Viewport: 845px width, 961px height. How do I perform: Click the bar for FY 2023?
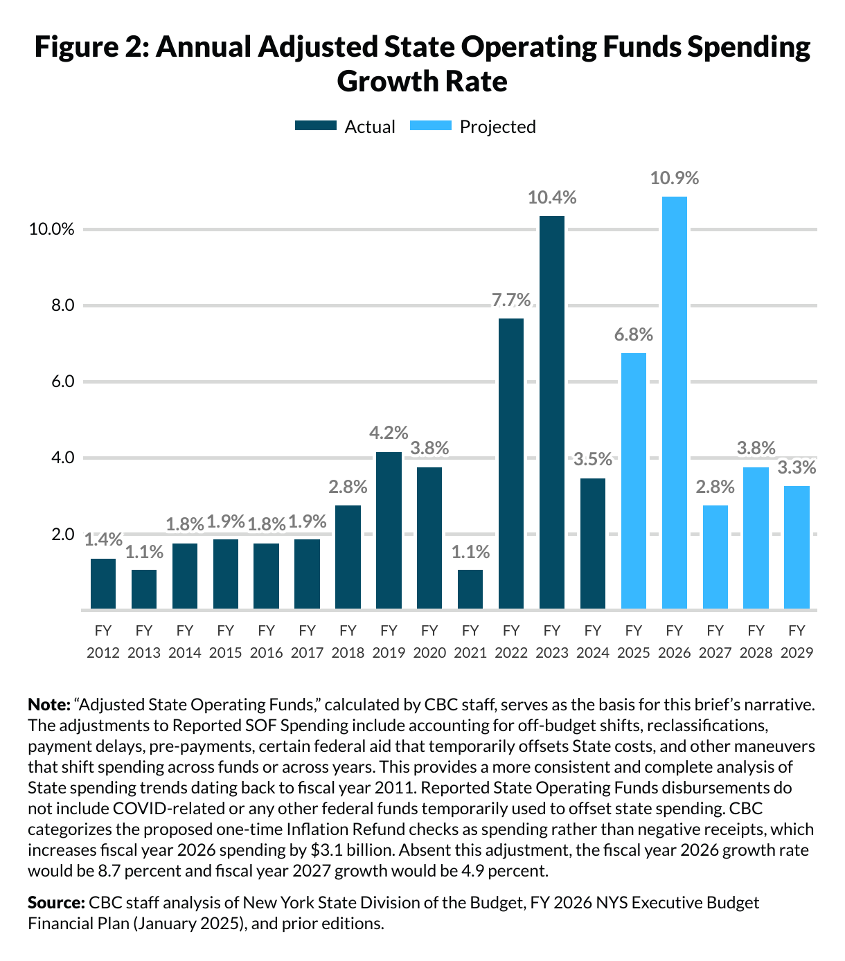tap(552, 412)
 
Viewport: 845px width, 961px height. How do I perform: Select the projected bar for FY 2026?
tap(675, 402)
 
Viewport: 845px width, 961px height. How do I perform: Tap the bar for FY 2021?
tap(470, 589)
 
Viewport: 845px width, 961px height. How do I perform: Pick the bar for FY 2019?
tap(389, 530)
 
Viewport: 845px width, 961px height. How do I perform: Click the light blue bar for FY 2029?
tap(797, 547)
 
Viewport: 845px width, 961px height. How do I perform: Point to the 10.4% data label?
tap(552, 198)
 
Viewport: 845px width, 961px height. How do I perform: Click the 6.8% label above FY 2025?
tap(634, 335)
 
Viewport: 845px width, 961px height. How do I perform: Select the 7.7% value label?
tap(511, 300)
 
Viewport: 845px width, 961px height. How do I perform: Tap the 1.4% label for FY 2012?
tap(103, 540)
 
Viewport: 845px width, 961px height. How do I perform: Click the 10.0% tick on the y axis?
tap(51, 230)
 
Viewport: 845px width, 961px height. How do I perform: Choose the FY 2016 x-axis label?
tap(266, 641)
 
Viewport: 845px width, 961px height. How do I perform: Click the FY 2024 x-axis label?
tap(592, 641)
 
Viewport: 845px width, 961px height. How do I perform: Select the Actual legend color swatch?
tap(315, 126)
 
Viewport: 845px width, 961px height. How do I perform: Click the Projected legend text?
tap(497, 127)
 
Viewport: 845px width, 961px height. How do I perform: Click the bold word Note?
tap(48, 705)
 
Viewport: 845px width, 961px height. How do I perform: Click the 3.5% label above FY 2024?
tap(593, 459)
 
